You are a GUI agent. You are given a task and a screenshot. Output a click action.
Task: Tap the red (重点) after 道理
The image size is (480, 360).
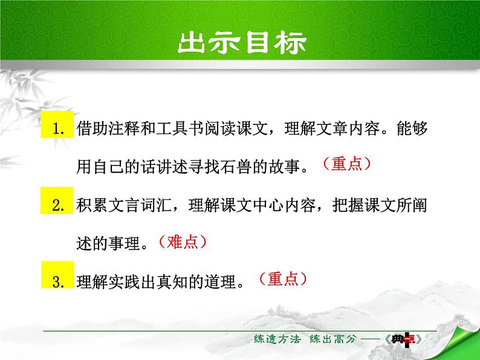tap(282, 278)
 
